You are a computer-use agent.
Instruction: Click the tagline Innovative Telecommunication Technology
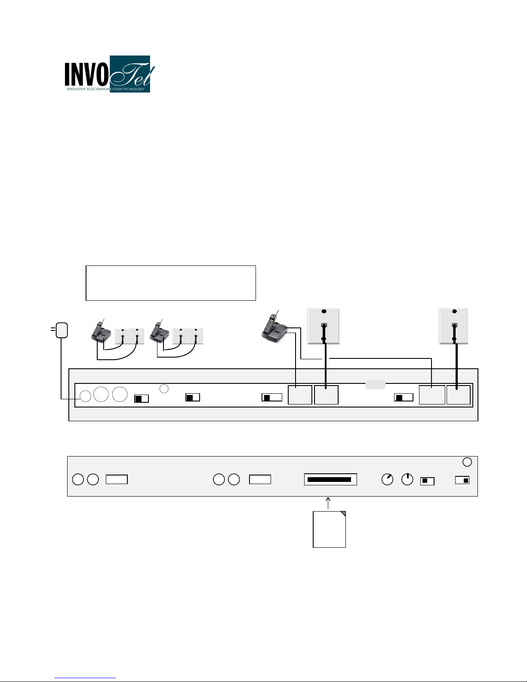coord(106,89)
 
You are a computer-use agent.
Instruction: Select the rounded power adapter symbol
coord(62,330)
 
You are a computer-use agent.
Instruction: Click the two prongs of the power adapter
coord(53,329)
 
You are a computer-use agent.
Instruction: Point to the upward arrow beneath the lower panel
coord(328,503)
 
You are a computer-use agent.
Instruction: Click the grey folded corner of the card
coord(343,514)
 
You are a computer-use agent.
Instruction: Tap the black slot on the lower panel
coord(329,480)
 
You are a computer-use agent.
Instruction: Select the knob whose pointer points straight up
coord(407,479)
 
